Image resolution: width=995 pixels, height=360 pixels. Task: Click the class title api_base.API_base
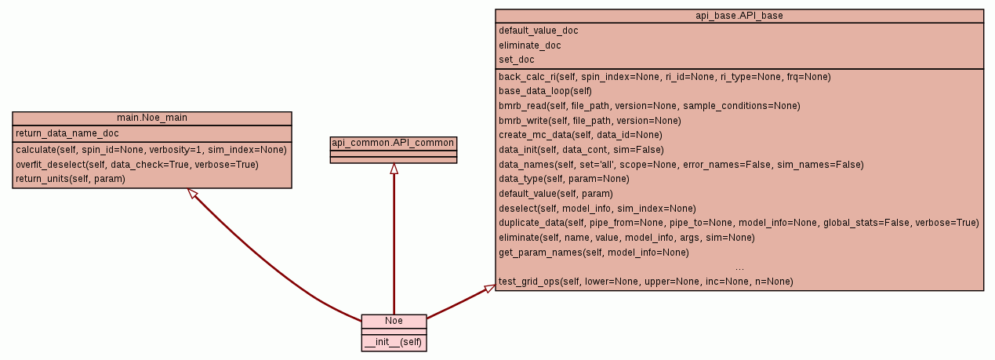tap(739, 16)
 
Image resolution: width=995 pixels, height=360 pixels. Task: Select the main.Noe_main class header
tap(152, 118)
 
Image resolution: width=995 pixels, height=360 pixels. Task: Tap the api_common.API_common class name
tap(394, 143)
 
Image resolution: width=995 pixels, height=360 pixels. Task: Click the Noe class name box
tap(394, 321)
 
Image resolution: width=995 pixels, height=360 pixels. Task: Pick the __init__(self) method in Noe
tap(394, 342)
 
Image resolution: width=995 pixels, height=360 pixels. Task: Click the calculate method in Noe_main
tap(151, 149)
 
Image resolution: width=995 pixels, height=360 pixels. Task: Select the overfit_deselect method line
tap(137, 164)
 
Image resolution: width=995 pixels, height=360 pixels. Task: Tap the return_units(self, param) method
tap(71, 179)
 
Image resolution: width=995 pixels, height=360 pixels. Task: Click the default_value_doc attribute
tap(539, 31)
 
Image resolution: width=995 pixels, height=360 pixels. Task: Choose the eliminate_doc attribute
tap(530, 45)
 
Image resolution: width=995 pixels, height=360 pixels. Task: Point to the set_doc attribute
tap(517, 60)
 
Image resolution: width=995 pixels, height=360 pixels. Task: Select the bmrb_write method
tap(590, 120)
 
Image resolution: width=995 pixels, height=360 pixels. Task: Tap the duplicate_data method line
tap(739, 223)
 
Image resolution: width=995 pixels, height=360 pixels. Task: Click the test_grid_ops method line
tap(645, 281)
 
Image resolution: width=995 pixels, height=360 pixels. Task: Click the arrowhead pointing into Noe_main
tap(191, 193)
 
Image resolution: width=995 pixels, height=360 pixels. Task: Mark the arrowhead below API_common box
tap(394, 169)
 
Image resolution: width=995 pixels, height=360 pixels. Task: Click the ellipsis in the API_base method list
tap(739, 267)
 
